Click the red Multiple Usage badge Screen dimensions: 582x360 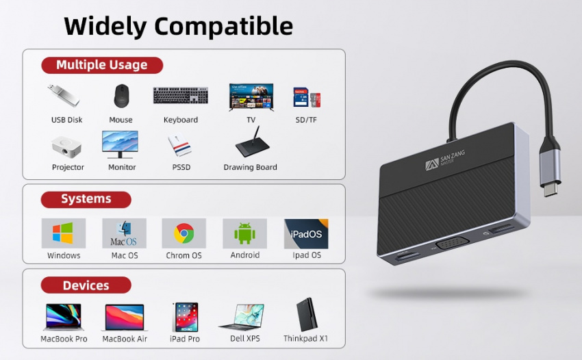[x=102, y=65]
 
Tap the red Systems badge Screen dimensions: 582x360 [x=86, y=199]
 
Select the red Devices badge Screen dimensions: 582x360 [x=86, y=285]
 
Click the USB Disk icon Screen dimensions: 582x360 [x=64, y=95]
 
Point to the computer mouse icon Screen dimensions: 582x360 [x=121, y=95]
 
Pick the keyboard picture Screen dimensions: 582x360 [x=181, y=95]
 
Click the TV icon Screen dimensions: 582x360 [x=251, y=97]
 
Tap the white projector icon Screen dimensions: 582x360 [x=66, y=147]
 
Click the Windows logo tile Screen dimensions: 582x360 [x=64, y=233]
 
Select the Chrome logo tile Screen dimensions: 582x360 [x=184, y=233]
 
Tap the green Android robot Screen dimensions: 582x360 [x=244, y=233]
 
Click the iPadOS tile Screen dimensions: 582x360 [x=306, y=234]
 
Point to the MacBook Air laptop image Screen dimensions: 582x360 [x=125, y=318]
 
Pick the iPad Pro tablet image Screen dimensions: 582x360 [x=186, y=318]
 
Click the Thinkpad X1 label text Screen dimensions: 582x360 [x=306, y=339]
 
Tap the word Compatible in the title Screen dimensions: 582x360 [x=223, y=26]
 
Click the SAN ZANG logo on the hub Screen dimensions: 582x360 [x=444, y=160]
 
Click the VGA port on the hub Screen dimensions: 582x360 [x=453, y=244]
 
